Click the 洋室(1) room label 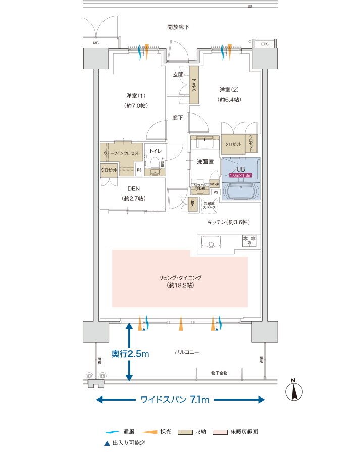coord(136,96)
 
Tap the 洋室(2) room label coord(229,90)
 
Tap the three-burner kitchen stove coord(249,241)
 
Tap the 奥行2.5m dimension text coord(130,354)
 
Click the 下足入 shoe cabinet coord(193,85)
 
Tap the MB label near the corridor coord(95,43)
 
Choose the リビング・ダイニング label coord(180,278)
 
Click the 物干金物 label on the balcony coord(219,373)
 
